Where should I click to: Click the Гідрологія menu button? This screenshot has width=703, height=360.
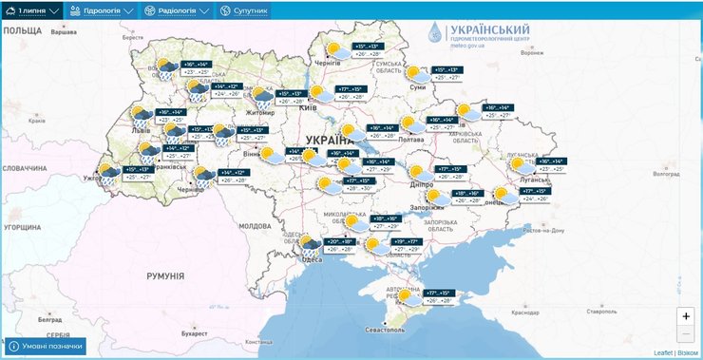click(x=104, y=10)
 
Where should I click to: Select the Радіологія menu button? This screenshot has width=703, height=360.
click(x=177, y=10)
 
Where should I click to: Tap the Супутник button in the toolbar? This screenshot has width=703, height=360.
click(x=244, y=10)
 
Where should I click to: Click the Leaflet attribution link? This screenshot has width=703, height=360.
click(x=662, y=352)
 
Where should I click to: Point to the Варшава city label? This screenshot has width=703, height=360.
click(x=63, y=32)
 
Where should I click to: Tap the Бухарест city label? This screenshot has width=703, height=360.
click(x=195, y=333)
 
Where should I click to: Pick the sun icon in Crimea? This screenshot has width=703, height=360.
click(x=406, y=295)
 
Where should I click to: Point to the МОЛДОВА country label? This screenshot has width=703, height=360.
click(x=255, y=226)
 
